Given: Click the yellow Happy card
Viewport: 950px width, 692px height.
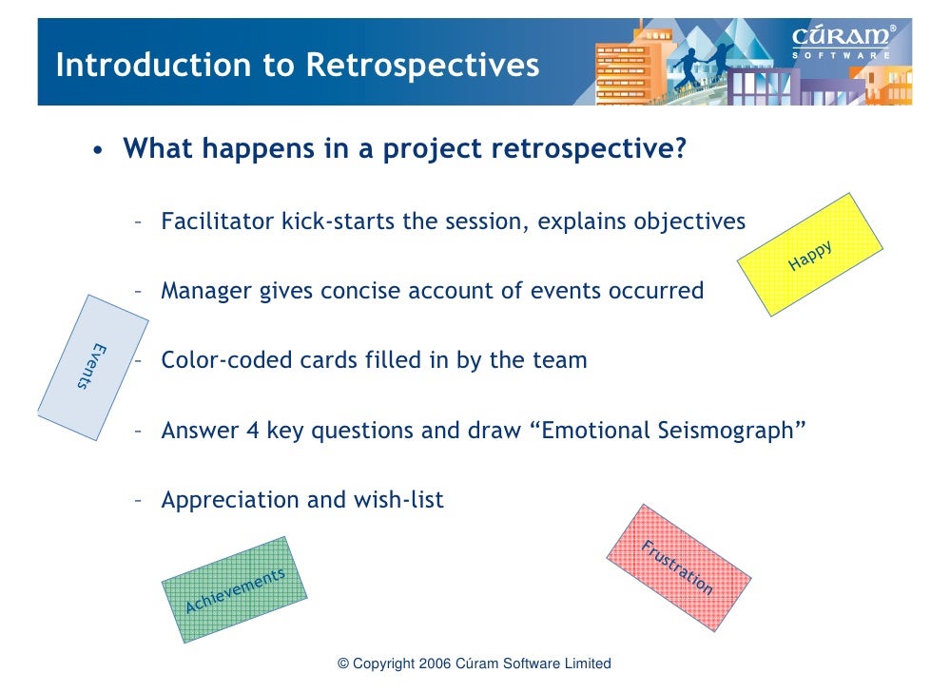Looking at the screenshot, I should click(x=809, y=255).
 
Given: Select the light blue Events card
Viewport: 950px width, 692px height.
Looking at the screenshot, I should click(x=92, y=367).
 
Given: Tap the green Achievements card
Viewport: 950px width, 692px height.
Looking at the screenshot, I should click(x=234, y=590).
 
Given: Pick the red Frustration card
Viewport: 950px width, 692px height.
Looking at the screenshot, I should click(x=678, y=567).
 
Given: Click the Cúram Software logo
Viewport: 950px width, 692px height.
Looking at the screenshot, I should click(x=843, y=43).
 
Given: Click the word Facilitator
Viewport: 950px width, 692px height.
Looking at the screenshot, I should click(x=218, y=221).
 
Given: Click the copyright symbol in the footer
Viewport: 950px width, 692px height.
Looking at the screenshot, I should click(x=343, y=664).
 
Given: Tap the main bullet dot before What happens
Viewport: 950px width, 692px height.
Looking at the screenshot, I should click(x=97, y=152).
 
